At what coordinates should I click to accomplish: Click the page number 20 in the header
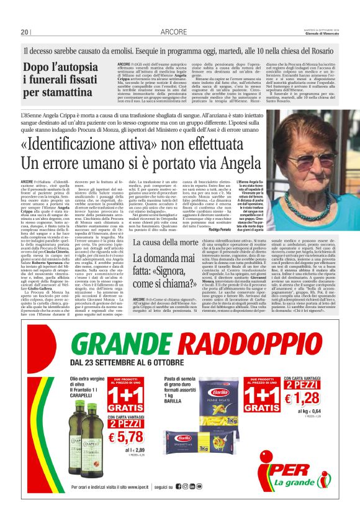(x=25, y=32)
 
